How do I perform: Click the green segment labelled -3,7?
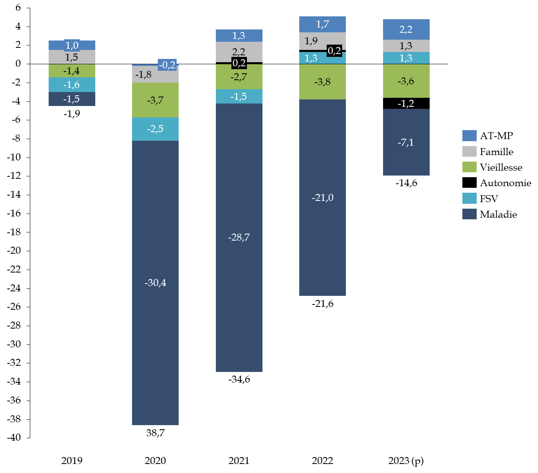155,100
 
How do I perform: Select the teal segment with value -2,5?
155,129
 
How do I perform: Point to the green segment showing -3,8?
323,82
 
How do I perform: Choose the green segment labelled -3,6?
406,81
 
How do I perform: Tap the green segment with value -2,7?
239,77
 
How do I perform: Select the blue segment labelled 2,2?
406,29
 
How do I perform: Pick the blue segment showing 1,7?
323,24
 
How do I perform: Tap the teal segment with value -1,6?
72,85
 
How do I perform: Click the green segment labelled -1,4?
72,71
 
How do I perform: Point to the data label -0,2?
167,65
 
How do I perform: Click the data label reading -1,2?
406,104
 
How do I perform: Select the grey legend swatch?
469,151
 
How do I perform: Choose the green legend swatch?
469,167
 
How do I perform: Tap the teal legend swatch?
469,198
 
